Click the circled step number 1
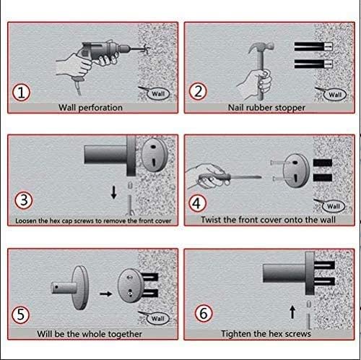click(21, 93)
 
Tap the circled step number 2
click(198, 92)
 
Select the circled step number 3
click(24, 200)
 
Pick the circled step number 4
click(197, 203)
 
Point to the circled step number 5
click(21, 314)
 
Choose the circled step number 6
click(204, 313)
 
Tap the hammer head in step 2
click(261, 48)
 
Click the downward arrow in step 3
click(114, 192)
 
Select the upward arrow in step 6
click(292, 312)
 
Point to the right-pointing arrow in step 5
click(106, 293)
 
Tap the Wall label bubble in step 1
click(158, 94)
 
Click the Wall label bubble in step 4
click(334, 206)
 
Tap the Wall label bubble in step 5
click(157, 318)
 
